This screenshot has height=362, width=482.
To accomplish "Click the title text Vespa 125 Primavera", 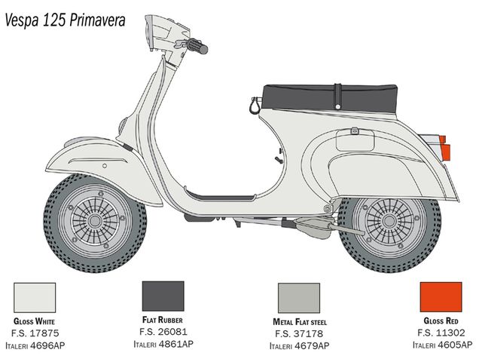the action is pyautogui.click(x=66, y=20).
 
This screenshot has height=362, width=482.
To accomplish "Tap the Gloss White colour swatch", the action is pyautogui.click(x=35, y=298).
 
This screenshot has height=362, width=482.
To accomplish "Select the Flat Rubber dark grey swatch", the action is pyautogui.click(x=163, y=296).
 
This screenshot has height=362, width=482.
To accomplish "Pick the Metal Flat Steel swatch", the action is pyautogui.click(x=299, y=298).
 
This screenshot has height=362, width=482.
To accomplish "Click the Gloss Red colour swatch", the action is pyautogui.click(x=441, y=296).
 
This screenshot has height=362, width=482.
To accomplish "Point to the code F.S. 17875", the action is pyautogui.click(x=35, y=333).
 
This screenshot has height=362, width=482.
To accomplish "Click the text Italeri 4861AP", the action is pyautogui.click(x=163, y=344).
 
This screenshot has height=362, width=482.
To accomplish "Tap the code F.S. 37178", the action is pyautogui.click(x=299, y=333).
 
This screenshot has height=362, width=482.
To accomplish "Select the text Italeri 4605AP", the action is pyautogui.click(x=442, y=345).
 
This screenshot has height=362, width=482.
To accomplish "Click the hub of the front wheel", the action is pyautogui.click(x=95, y=221).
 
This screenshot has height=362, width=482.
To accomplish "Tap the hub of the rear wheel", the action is pyautogui.click(x=389, y=221).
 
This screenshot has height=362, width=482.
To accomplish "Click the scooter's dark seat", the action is pyautogui.click(x=330, y=98).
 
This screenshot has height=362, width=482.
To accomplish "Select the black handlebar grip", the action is pyautogui.click(x=199, y=46).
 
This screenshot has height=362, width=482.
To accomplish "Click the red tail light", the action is pyautogui.click(x=445, y=148).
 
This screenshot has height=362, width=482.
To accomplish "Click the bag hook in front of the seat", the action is pyautogui.click(x=255, y=106).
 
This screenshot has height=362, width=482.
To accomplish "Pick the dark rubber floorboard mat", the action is pyautogui.click(x=221, y=196).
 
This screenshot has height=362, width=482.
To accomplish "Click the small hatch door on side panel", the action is pyautogui.click(x=355, y=140).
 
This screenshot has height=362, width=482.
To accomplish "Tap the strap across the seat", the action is pyautogui.click(x=338, y=97).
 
